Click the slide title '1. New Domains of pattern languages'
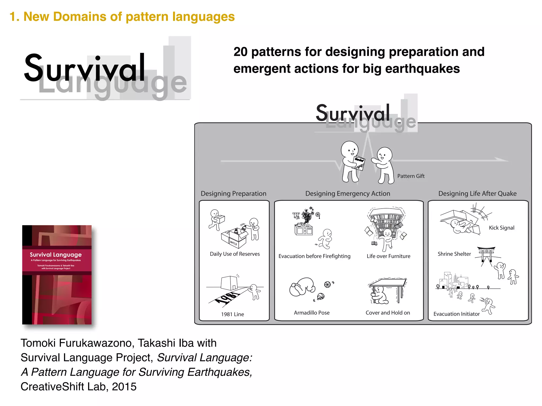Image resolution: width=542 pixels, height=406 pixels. pyautogui.click(x=122, y=17)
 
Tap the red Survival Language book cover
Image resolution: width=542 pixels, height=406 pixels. pyautogui.click(x=57, y=275)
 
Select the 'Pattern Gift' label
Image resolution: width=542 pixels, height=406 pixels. pyautogui.click(x=411, y=176)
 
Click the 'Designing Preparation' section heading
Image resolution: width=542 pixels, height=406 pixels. pyautogui.click(x=233, y=193)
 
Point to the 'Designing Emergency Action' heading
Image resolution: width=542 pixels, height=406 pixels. pyautogui.click(x=347, y=193)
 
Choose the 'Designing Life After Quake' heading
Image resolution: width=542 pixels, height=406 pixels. pyautogui.click(x=477, y=193)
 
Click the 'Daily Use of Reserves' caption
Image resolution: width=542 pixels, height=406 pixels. pyautogui.click(x=235, y=254)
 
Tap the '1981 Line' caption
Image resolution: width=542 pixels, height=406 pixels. pyautogui.click(x=232, y=314)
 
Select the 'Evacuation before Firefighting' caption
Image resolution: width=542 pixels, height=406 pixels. pyautogui.click(x=314, y=256)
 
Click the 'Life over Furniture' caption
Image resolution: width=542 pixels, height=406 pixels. pyautogui.click(x=388, y=256)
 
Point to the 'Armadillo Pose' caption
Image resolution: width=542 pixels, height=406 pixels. pyautogui.click(x=311, y=313)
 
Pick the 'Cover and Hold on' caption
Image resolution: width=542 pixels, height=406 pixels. pyautogui.click(x=388, y=313)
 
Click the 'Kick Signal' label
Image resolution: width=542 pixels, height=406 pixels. pyautogui.click(x=502, y=228)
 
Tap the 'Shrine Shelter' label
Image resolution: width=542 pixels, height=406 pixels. pyautogui.click(x=454, y=254)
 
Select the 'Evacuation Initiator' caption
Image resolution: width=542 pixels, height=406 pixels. pyautogui.click(x=456, y=314)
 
